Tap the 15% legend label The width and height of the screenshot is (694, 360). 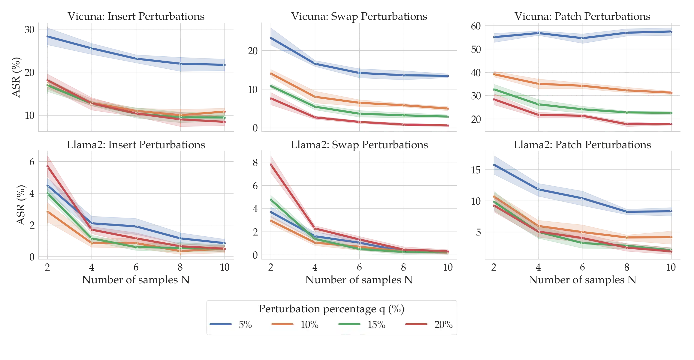point(376,325)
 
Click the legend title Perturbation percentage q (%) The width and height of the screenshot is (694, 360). point(331,309)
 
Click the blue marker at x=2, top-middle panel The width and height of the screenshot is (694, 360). point(271,38)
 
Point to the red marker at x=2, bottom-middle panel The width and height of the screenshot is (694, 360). point(271,165)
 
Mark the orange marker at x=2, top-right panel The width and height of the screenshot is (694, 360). point(494,74)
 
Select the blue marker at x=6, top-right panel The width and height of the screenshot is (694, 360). point(583,38)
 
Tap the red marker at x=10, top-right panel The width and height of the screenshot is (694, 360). point(671,124)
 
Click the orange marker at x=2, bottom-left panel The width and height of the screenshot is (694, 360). point(47,212)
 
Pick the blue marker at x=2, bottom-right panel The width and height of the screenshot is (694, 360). point(494,165)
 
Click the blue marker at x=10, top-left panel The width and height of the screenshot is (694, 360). point(225,65)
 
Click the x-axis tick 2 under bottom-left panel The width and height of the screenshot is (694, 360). point(47,266)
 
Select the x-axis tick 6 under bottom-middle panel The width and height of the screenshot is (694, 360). point(359,266)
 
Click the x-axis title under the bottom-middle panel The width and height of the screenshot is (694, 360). point(359,280)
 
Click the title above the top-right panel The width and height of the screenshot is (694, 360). point(582,17)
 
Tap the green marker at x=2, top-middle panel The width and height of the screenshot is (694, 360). point(271,86)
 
